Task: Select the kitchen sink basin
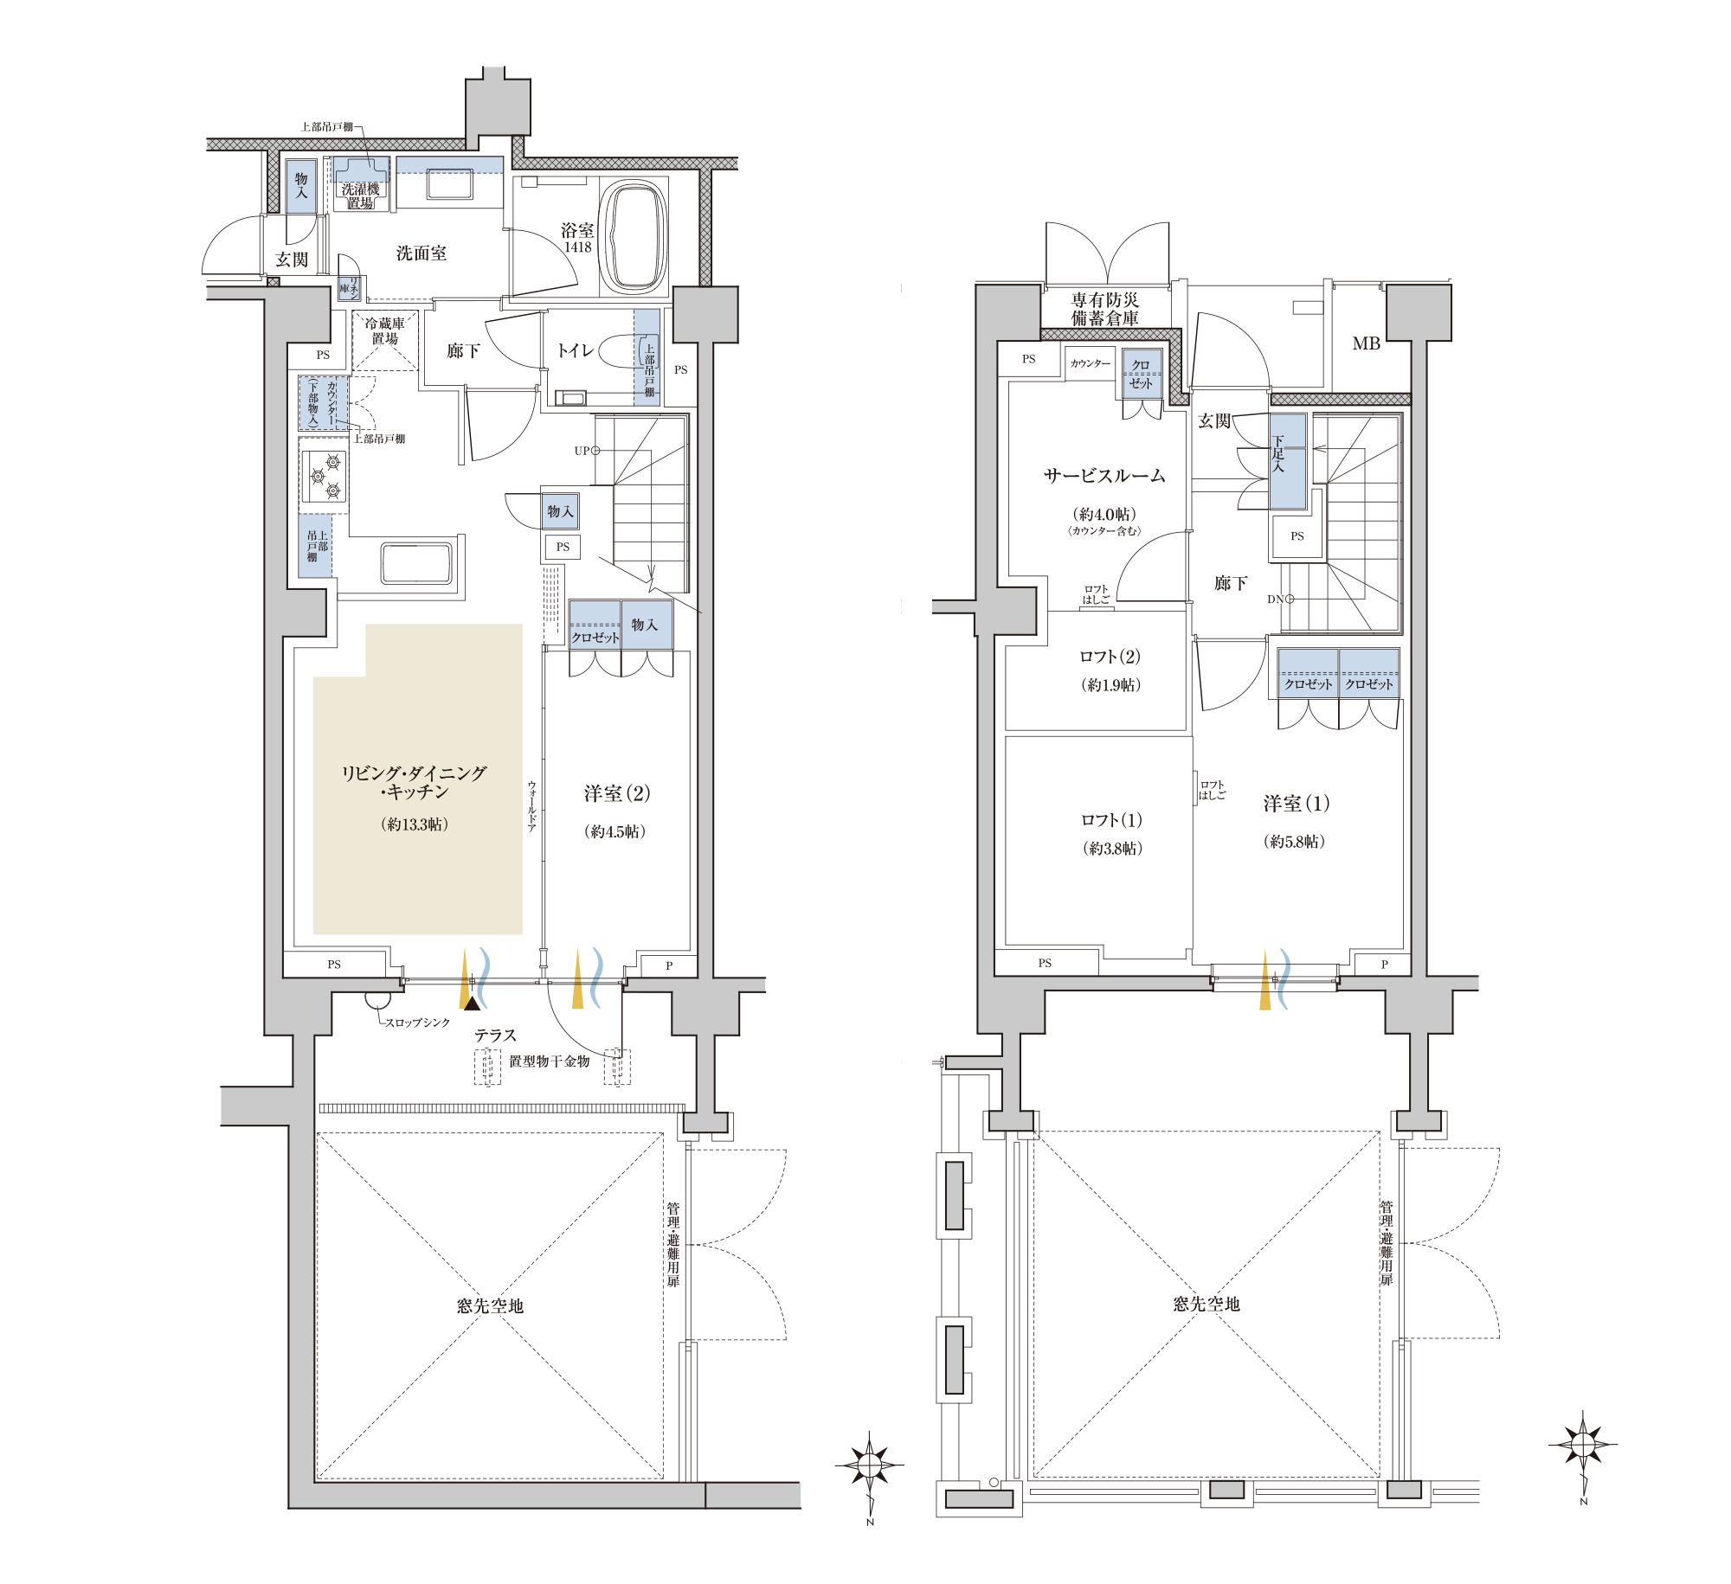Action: pos(416,562)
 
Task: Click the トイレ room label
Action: pos(576,350)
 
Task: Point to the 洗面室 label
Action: pos(421,253)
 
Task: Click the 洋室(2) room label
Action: pos(617,793)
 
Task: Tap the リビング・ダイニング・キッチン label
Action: pos(414,782)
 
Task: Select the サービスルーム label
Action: pos(1104,476)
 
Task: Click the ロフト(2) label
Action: pos(1110,657)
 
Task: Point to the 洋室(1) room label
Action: pos(1296,804)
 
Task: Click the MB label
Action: pos(1367,343)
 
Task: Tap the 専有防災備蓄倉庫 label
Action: pos(1105,309)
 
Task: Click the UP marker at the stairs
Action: pos(587,451)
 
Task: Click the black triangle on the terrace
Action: pos(471,1004)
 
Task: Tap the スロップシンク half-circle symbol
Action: pos(377,1002)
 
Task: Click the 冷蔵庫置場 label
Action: pos(385,331)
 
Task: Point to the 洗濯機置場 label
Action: pos(361,196)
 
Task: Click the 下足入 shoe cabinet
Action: pos(1287,461)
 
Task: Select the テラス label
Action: pos(495,1036)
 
